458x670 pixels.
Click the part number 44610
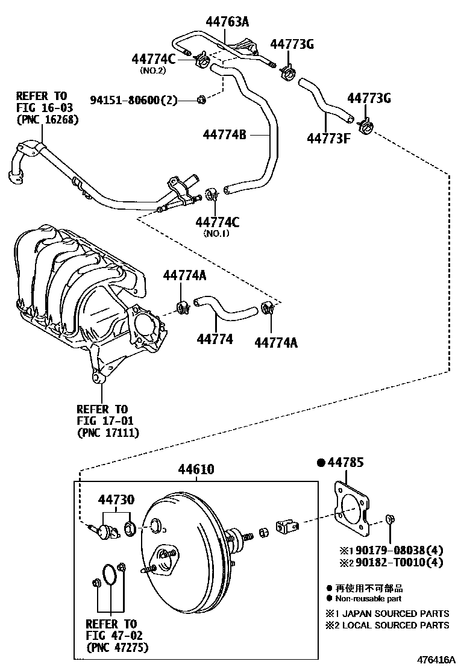[196, 469]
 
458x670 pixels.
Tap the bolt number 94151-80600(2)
[134, 100]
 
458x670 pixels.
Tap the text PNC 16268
[47, 119]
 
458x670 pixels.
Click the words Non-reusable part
[368, 598]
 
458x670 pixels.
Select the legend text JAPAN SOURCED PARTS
[395, 613]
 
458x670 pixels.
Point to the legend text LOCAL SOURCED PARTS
[395, 625]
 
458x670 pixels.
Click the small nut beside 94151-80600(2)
[202, 99]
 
